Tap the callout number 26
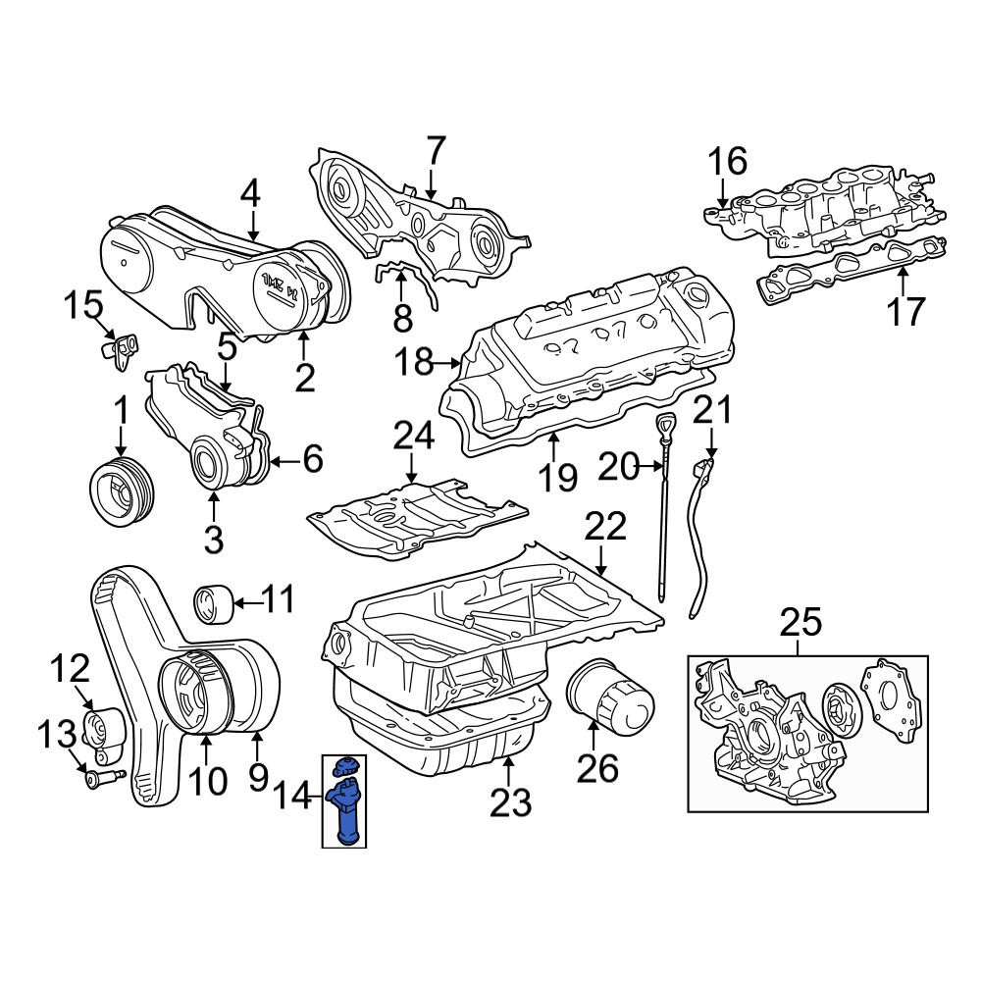click(x=597, y=768)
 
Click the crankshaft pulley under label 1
click(x=122, y=490)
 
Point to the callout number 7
click(x=436, y=150)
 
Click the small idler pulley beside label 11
click(x=212, y=602)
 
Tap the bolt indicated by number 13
click(x=104, y=779)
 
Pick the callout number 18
click(x=414, y=362)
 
